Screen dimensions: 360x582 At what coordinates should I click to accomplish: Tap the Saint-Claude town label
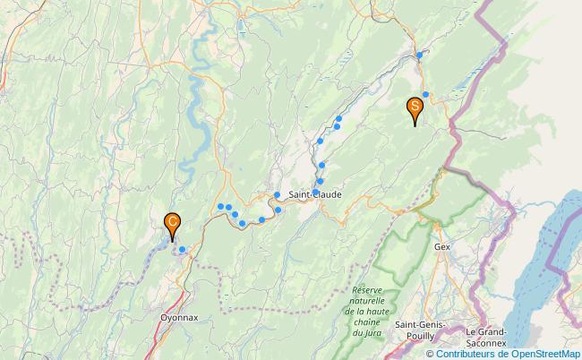(312, 194)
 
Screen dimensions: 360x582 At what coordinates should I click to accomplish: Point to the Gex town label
(441, 245)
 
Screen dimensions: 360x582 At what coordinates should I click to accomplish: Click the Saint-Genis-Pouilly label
(420, 329)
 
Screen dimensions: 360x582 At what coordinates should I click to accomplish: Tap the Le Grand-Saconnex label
(486, 335)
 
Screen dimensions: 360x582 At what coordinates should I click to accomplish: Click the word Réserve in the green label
(367, 290)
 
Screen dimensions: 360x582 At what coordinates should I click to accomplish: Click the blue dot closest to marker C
(182, 250)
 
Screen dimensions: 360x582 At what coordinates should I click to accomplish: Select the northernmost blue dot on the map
(419, 56)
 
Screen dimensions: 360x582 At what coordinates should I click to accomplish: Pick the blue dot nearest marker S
(426, 94)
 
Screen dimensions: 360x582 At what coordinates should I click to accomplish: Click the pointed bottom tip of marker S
(415, 124)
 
